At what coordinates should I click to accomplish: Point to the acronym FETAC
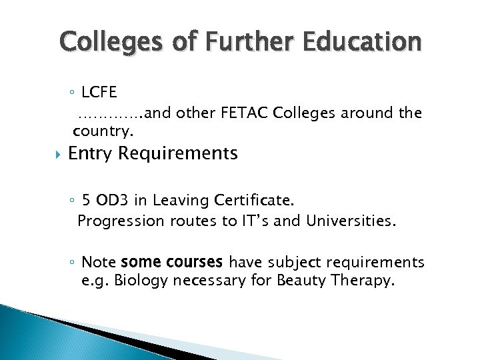[x=242, y=113]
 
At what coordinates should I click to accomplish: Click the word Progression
[x=121, y=220]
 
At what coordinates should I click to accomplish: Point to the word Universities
[x=357, y=220]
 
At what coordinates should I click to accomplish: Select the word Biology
[x=141, y=281]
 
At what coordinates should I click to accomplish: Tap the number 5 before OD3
[x=86, y=199]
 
